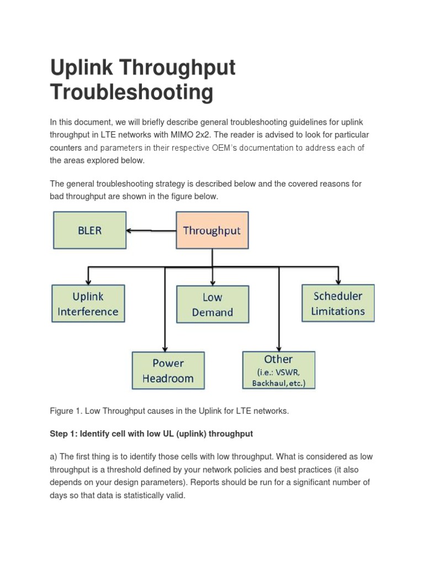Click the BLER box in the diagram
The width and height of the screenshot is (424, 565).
point(89,230)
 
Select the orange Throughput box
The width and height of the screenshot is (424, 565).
point(212,230)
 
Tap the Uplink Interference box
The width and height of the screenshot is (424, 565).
point(88,303)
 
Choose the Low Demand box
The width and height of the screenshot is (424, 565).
point(213,305)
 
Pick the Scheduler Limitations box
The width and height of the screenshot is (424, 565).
point(338,303)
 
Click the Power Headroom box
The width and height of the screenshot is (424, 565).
point(168,371)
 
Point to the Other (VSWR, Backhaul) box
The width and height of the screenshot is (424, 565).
point(279,370)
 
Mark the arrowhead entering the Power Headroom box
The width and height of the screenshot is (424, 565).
point(164,348)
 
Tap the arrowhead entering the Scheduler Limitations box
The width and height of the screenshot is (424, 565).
point(338,280)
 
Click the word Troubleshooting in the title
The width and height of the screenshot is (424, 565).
point(131,92)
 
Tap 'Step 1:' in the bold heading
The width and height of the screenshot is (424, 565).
point(63,434)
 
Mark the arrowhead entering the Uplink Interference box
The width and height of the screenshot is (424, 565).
point(88,280)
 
